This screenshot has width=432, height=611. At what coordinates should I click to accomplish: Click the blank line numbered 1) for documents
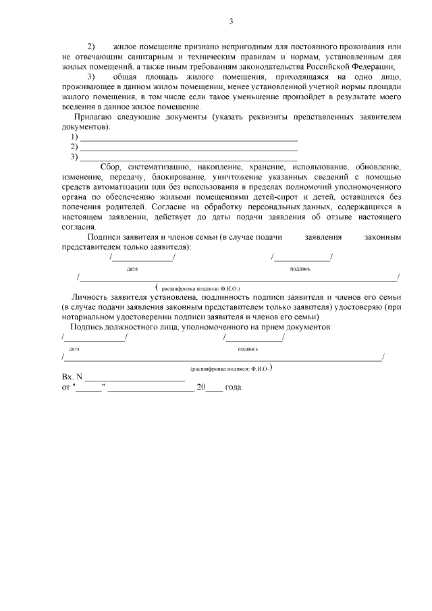[188, 137]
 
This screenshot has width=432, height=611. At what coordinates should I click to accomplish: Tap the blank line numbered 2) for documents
[188, 147]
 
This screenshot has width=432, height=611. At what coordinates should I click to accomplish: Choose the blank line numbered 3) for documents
[188, 157]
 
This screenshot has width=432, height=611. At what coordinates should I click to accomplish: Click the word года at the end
[232, 388]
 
